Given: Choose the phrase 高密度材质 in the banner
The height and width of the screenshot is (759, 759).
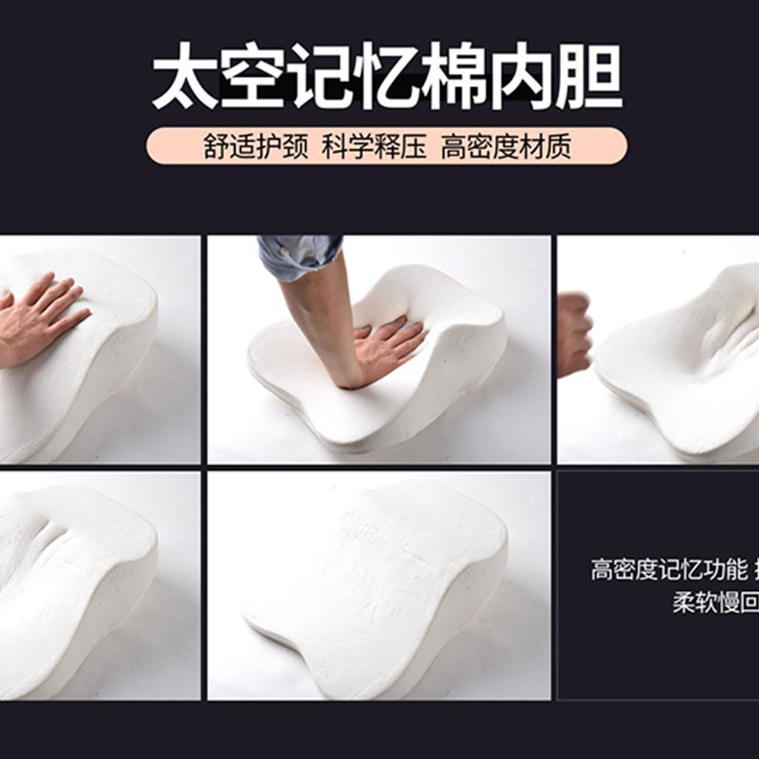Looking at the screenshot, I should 506,147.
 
